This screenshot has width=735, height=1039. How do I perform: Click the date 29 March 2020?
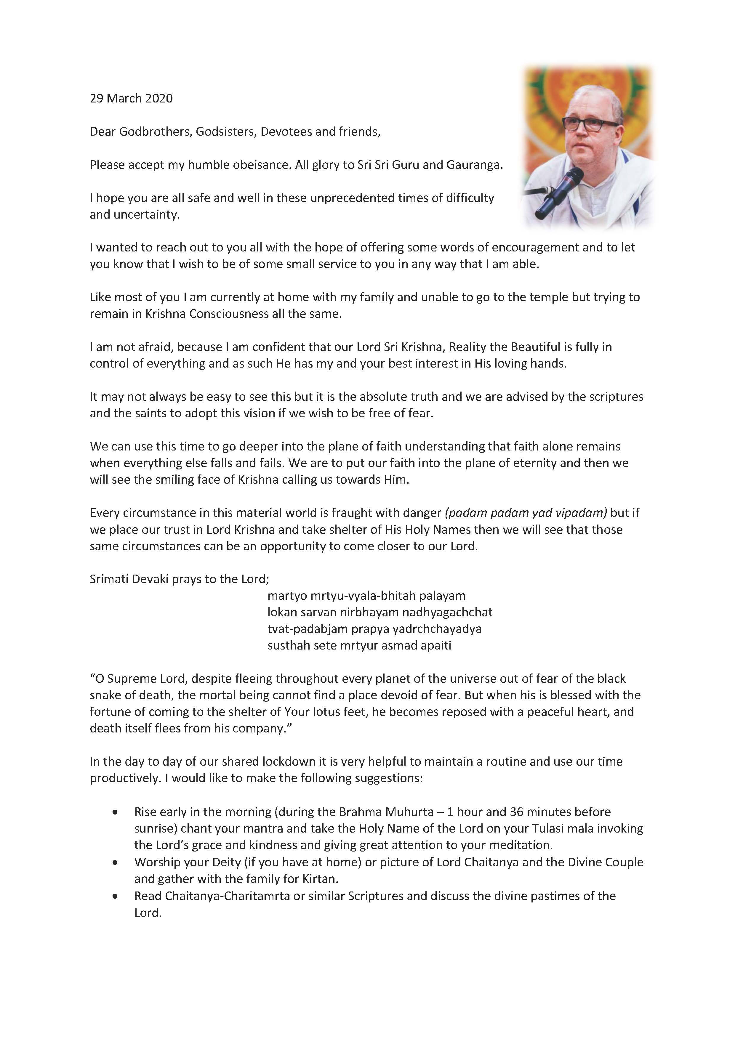click(x=131, y=99)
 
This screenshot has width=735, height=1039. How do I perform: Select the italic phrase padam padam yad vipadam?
click(x=526, y=513)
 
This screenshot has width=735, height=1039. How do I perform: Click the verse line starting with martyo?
click(x=366, y=596)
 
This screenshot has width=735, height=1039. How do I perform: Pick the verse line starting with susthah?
click(x=359, y=645)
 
